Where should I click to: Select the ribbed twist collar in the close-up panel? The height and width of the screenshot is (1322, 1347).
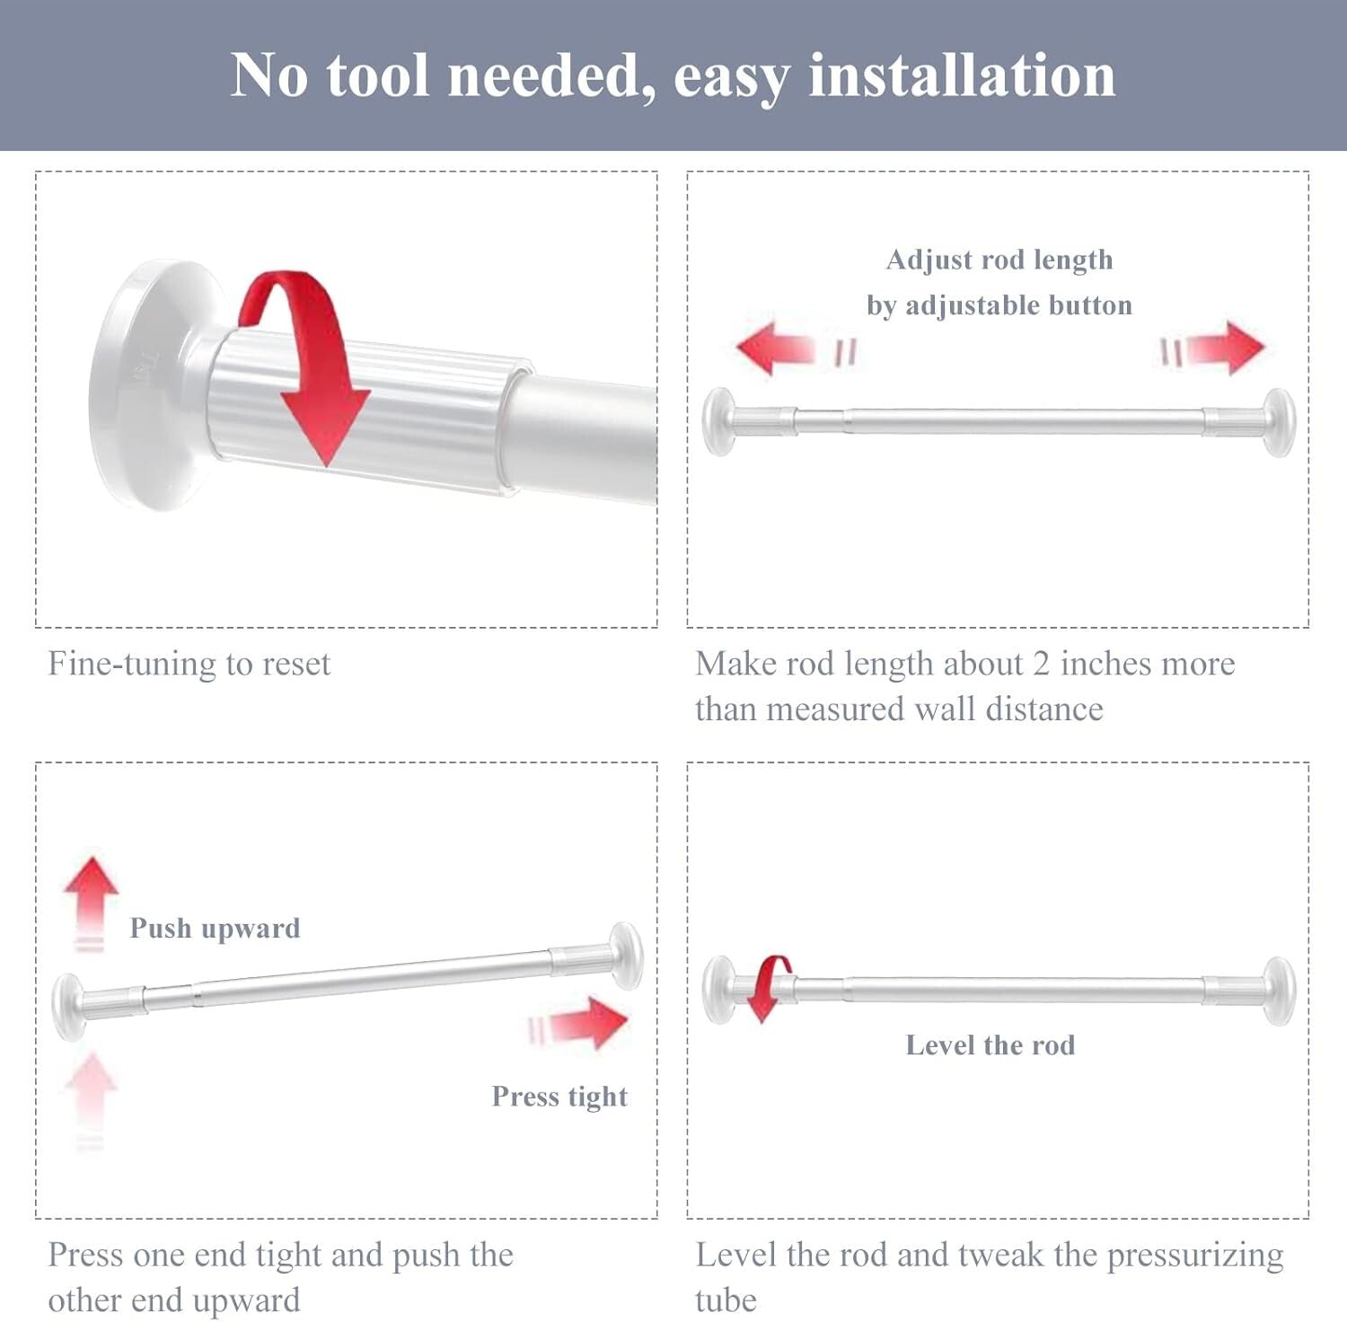pos(359,413)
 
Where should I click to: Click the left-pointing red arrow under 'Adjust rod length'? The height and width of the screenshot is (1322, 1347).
pos(774,348)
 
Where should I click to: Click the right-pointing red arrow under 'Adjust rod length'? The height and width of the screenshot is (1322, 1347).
pos(1226,348)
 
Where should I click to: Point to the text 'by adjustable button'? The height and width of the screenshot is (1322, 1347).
pos(999,305)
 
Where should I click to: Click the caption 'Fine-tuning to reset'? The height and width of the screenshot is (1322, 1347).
pos(189,664)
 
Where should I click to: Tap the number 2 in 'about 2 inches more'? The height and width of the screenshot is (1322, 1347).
pos(1041,664)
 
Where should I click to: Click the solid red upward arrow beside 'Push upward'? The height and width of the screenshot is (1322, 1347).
pos(91,894)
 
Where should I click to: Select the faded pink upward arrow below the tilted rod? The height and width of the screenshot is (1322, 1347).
pos(91,1091)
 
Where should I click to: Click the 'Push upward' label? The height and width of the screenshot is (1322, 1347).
pos(215,928)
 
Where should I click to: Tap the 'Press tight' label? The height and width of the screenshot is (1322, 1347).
pos(559,1097)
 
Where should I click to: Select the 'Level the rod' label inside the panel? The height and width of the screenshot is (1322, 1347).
pos(990,1045)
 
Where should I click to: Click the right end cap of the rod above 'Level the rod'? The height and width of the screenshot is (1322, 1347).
pos(1278,990)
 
